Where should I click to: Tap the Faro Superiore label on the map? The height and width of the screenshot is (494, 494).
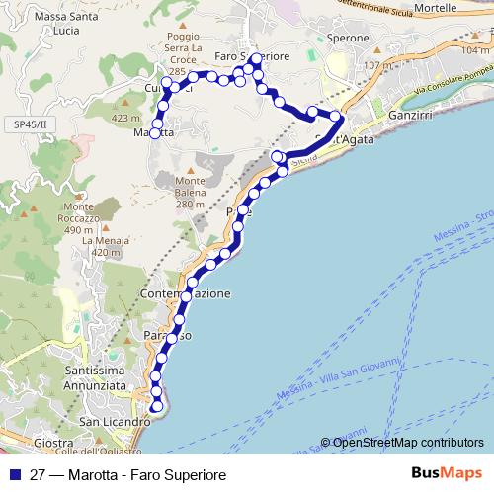(252, 56)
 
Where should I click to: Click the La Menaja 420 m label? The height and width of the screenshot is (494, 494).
(108, 246)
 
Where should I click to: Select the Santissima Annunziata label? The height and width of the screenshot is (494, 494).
(95, 378)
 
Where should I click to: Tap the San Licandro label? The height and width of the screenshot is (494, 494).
(114, 422)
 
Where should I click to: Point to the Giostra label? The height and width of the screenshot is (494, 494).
(53, 443)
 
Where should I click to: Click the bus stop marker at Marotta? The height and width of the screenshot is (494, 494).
(155, 134)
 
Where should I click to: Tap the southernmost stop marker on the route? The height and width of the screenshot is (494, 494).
(157, 407)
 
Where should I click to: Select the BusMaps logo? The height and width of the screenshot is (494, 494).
(447, 474)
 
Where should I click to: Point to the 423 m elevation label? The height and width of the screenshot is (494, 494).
(126, 118)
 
